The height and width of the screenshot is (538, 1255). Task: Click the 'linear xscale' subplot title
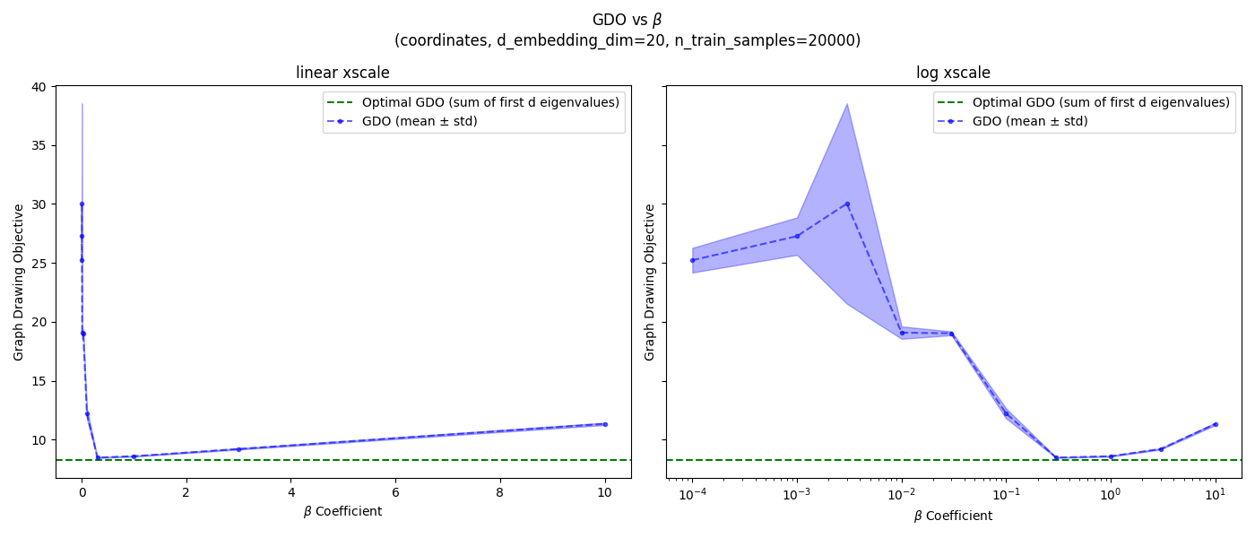click(x=342, y=74)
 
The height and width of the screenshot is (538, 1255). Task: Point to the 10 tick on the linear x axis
click(x=605, y=492)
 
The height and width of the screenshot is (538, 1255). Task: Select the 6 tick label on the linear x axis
click(x=395, y=492)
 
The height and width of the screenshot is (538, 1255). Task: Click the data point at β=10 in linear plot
click(x=605, y=424)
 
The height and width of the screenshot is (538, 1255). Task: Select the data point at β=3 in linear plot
click(x=238, y=449)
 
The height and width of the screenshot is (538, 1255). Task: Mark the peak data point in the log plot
click(x=847, y=204)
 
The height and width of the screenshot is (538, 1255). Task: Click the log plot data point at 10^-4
click(x=692, y=260)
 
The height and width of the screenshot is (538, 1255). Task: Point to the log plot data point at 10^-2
click(x=902, y=333)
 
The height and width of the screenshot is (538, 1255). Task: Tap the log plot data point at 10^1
click(x=1216, y=424)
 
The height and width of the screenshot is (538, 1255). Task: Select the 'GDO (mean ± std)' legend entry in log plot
click(x=1030, y=121)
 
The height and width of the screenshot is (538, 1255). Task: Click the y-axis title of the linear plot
click(x=19, y=282)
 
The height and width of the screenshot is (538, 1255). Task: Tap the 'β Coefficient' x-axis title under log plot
click(x=953, y=516)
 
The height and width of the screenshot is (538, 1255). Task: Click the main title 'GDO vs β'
click(x=627, y=20)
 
